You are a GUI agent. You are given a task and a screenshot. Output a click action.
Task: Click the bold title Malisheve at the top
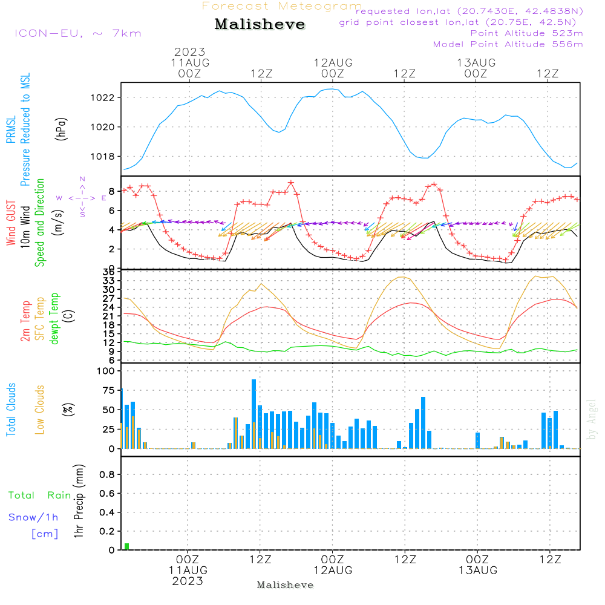260,25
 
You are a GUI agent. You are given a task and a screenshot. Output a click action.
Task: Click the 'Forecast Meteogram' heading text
282,6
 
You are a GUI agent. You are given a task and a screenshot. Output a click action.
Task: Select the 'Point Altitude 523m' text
526,33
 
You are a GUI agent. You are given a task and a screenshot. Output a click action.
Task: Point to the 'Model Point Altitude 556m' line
508,44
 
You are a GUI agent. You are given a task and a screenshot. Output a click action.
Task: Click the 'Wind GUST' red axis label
11,224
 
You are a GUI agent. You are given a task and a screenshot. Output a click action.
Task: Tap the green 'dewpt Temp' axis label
55,318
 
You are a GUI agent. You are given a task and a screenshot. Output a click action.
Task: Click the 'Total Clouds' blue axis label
11,410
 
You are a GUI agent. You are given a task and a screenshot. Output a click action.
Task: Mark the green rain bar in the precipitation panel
127,546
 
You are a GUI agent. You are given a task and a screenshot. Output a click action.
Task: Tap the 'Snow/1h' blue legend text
34,517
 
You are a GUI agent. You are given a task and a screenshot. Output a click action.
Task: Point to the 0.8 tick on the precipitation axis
108,474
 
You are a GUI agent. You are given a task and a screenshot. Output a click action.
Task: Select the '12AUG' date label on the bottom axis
333,571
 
